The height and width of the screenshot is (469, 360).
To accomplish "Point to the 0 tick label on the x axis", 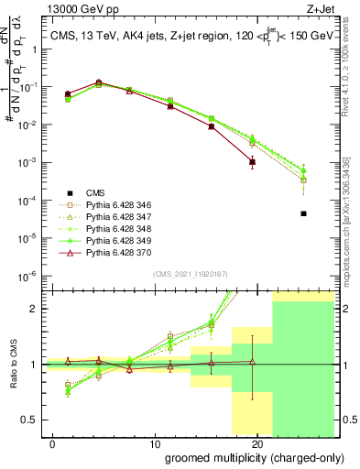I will click(58, 442).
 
